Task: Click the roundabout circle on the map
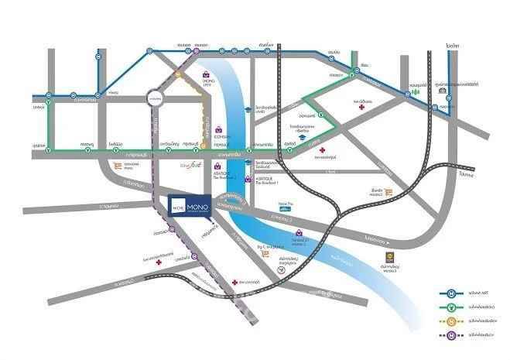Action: tap(155, 100)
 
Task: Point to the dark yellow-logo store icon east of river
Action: tap(389, 258)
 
